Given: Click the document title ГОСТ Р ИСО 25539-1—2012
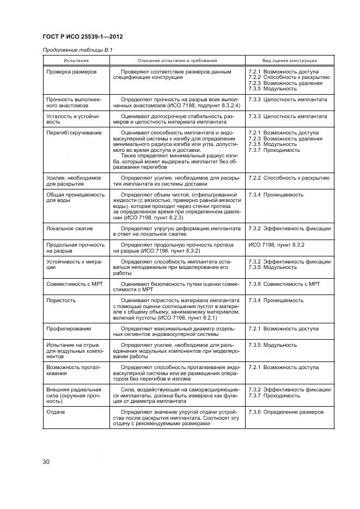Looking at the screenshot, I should coord(82,37).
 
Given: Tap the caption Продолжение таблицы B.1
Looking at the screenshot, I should coord(77,51).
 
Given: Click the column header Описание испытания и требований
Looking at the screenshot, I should coord(177,60).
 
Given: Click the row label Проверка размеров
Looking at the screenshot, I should coord(71,72).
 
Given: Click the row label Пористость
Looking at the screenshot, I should coord(61,300).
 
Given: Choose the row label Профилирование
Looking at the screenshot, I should coord(69,329).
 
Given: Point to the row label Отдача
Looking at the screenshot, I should coord(56,412).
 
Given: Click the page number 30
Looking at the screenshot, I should coord(46,462).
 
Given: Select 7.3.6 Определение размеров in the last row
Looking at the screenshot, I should coord(285,412).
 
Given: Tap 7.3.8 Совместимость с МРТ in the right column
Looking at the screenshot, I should coord(284,284).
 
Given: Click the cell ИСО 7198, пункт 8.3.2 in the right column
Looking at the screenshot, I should coord(276,246).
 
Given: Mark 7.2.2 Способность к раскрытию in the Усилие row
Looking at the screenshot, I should coord(288,177).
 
